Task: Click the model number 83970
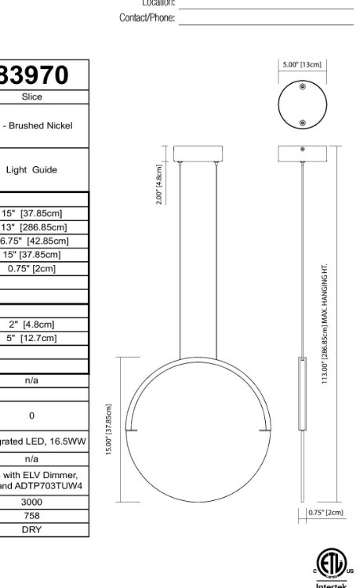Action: coord(35,76)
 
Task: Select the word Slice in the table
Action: coord(32,97)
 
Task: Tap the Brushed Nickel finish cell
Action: coord(41,125)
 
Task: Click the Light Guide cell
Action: coord(42,169)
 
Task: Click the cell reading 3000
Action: coord(31,502)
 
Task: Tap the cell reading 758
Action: coord(31,516)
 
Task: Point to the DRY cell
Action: coord(31,529)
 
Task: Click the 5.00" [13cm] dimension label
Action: coord(301,65)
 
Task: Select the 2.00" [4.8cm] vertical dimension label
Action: coord(159,184)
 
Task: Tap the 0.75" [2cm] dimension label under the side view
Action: coord(325,512)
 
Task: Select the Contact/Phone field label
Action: coord(147,18)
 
